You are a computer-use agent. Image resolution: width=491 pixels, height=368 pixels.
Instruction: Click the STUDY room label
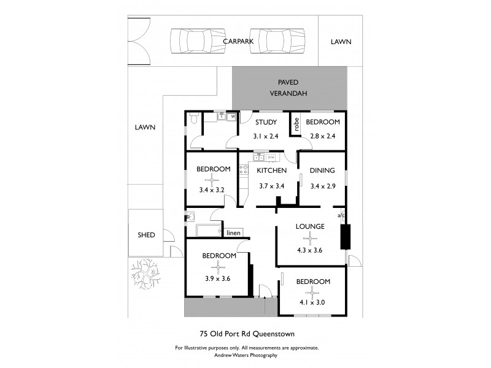(266, 122)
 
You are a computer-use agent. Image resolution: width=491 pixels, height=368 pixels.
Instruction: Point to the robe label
(296, 125)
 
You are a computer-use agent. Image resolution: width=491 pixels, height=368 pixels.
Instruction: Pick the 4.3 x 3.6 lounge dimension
(310, 250)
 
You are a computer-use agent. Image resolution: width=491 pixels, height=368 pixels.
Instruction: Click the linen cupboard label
(233, 233)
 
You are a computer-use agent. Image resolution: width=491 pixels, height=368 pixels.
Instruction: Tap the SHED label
(146, 235)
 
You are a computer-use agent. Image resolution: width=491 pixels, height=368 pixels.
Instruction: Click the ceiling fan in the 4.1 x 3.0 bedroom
(313, 292)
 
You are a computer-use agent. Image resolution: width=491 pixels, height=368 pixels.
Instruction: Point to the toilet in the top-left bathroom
(193, 119)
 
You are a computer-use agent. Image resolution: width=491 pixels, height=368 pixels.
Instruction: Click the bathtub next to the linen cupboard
(208, 231)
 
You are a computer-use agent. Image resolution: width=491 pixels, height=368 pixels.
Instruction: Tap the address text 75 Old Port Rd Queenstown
(248, 334)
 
